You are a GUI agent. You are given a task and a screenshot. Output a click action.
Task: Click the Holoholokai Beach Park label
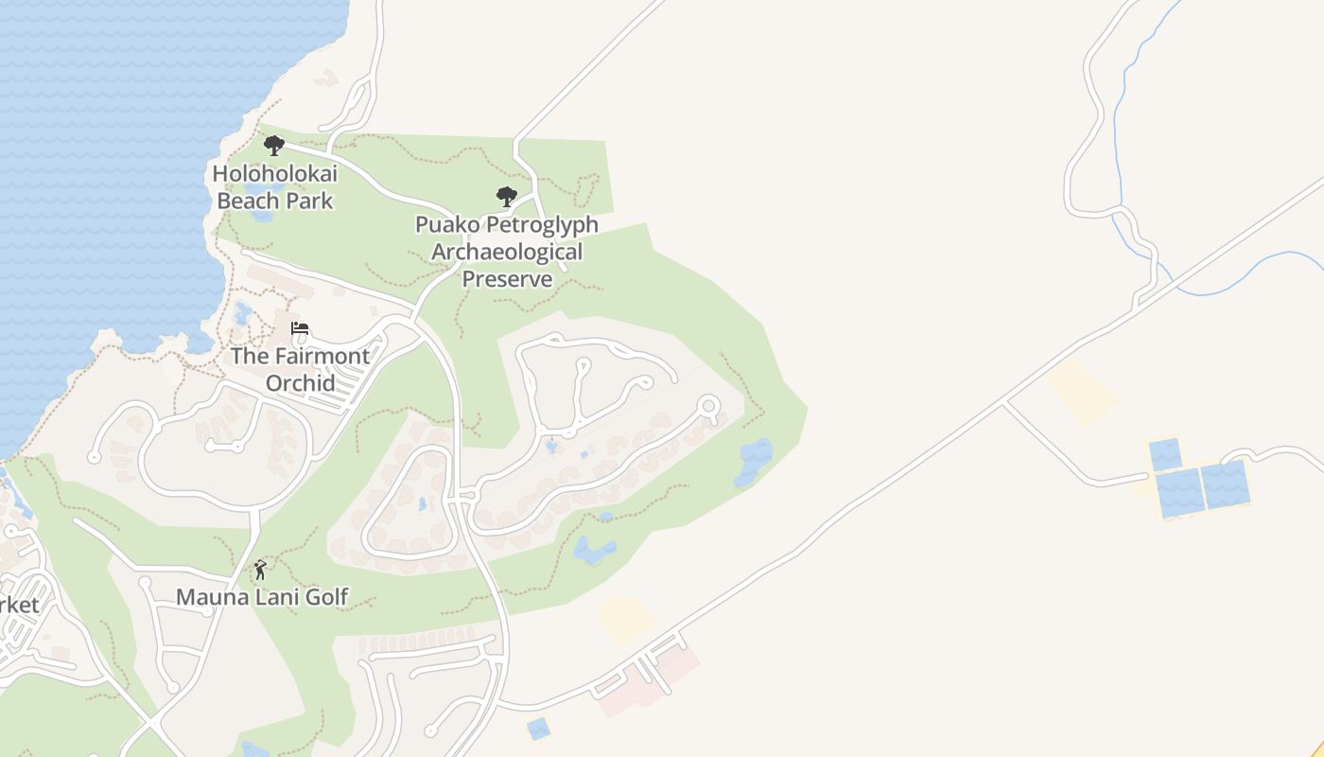pos(274,186)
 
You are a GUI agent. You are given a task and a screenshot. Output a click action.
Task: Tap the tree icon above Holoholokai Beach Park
pos(274,146)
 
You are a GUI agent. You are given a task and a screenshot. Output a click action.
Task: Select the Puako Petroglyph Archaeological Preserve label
pos(507,252)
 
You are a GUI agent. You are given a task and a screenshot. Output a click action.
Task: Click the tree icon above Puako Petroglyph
pos(507,197)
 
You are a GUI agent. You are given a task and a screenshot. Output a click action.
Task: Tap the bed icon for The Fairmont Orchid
pos(300,329)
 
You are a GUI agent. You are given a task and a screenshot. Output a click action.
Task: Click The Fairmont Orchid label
pos(300,369)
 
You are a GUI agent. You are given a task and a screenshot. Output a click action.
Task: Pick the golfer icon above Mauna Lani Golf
pos(260,570)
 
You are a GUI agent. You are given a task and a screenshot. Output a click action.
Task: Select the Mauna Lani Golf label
pos(263,597)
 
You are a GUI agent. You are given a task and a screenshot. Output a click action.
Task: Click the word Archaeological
pos(507,253)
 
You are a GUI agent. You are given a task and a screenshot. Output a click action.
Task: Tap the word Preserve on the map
pos(507,279)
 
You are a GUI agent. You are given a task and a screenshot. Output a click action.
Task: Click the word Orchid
pos(300,382)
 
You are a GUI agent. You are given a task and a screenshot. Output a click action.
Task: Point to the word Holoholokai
pos(274,174)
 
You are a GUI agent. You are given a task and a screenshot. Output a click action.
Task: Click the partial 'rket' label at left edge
pos(19,605)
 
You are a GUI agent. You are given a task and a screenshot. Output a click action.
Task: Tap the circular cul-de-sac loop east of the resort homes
pos(708,407)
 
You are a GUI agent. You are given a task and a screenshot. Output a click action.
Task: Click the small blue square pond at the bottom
pos(537,728)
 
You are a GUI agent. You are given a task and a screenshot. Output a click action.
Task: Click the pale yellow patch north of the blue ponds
pos(1081,391)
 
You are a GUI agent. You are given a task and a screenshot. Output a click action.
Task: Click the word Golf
pos(326,597)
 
